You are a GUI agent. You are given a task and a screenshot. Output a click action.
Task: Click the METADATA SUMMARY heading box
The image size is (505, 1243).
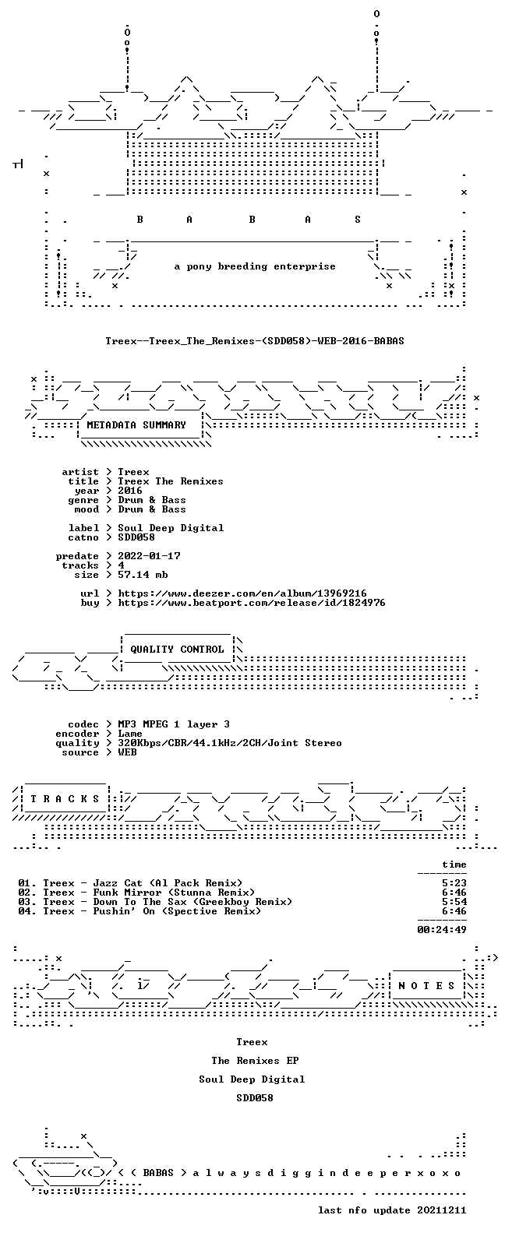[x=136, y=425]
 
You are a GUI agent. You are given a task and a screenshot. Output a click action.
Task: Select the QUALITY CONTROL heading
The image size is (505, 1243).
[x=177, y=650]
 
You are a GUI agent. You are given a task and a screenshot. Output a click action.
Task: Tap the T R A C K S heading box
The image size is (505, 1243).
[x=65, y=798]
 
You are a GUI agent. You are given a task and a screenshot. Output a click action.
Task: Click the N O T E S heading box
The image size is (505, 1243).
[x=426, y=985]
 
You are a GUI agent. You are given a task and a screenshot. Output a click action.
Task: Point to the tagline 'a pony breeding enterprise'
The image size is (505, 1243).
[x=255, y=266]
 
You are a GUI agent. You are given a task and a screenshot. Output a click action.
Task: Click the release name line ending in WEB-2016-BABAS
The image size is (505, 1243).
[x=255, y=340]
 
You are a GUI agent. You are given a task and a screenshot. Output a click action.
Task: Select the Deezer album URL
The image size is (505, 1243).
[x=242, y=593]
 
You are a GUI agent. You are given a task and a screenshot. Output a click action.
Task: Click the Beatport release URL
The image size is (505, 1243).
[x=252, y=603]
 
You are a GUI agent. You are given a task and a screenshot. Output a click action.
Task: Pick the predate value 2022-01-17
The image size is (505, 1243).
[x=149, y=556]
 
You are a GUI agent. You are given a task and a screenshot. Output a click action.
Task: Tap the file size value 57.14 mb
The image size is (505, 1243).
[x=143, y=575]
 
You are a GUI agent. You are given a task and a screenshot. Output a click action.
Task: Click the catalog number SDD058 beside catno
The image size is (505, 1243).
[x=136, y=537]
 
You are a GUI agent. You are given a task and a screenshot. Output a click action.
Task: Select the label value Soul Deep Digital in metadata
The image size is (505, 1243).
[x=171, y=528]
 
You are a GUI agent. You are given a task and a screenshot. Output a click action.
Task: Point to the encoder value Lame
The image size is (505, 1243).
[x=130, y=734]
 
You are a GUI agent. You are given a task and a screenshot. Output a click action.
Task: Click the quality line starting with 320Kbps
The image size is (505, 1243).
[x=229, y=743]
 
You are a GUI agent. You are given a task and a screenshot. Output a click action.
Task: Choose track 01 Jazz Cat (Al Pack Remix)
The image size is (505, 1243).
[x=130, y=883]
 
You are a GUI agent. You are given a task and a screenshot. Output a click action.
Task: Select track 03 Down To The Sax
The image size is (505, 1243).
[x=155, y=902]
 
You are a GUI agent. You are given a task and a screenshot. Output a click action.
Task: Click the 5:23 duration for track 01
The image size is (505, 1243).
[x=454, y=883]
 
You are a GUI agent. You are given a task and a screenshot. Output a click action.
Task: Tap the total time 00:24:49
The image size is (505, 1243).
[x=442, y=929]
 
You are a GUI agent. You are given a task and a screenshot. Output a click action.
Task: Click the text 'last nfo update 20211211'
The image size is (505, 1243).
[x=392, y=1210]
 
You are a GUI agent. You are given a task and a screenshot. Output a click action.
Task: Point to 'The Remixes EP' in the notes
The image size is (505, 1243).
[x=255, y=1061]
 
